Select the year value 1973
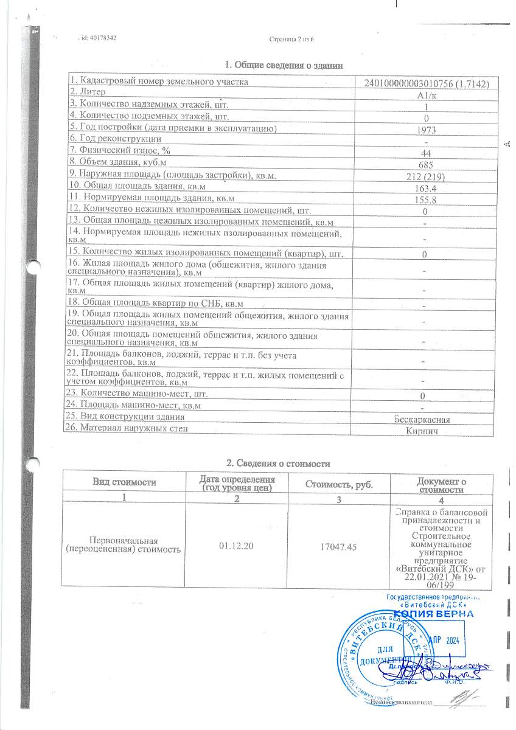(x=427, y=130)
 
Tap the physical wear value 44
(x=427, y=153)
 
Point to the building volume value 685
(x=426, y=165)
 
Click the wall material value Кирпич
(x=422, y=431)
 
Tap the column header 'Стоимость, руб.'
(x=338, y=485)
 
